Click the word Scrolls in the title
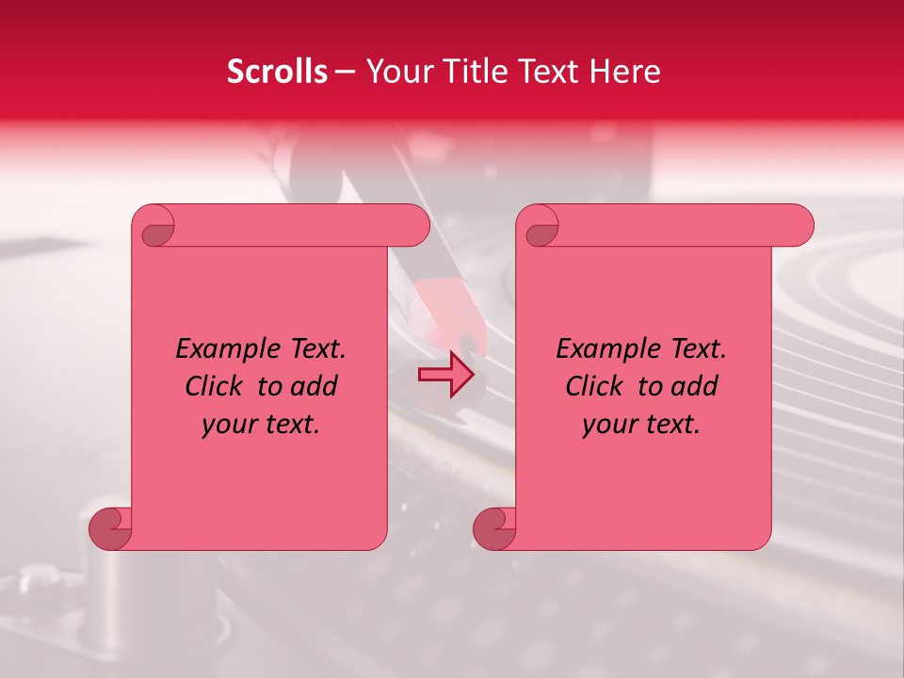[277, 72]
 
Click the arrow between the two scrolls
[445, 375]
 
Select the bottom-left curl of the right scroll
[495, 528]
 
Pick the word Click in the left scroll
[214, 387]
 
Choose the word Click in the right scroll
[594, 387]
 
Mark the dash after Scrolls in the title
[345, 73]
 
